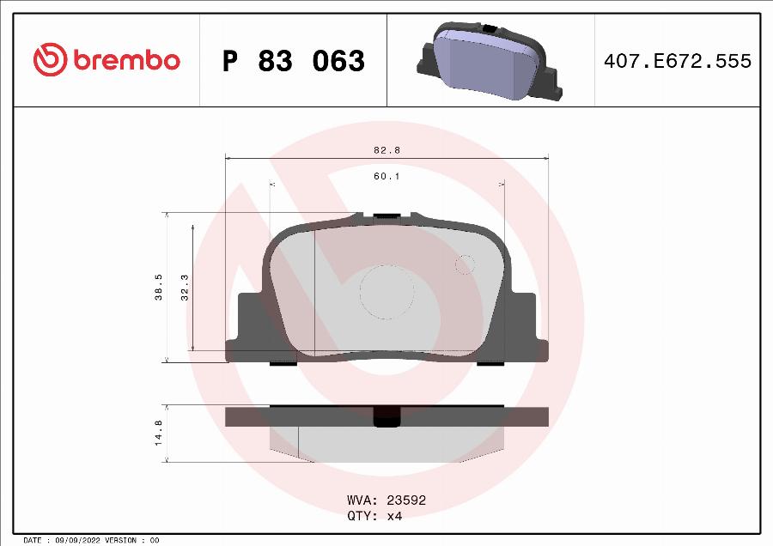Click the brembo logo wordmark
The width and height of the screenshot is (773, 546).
click(x=126, y=60)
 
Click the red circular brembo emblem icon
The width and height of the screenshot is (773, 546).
click(x=50, y=60)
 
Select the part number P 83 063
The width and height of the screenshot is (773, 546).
click(x=293, y=61)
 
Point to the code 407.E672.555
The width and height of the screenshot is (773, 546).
click(x=678, y=61)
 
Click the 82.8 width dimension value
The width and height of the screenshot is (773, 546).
click(x=386, y=149)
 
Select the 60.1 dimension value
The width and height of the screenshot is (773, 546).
click(x=386, y=176)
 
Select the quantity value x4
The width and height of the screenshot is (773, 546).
click(x=393, y=516)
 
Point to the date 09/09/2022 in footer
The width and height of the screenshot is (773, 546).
click(x=77, y=540)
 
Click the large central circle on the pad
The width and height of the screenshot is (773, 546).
click(x=386, y=291)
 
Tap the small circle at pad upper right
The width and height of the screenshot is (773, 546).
click(x=465, y=265)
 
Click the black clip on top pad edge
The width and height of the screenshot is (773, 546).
click(x=386, y=215)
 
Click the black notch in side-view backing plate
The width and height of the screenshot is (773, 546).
click(x=387, y=416)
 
